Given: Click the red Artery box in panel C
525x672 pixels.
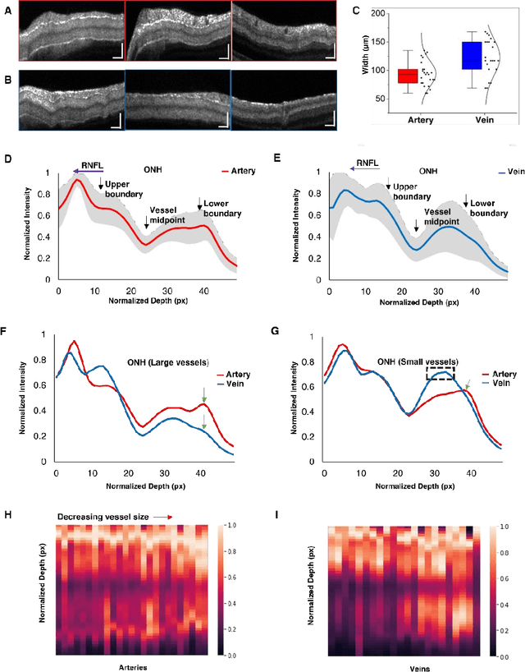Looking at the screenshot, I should tap(408, 76).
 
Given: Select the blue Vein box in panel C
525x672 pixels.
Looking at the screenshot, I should tap(470, 55).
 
